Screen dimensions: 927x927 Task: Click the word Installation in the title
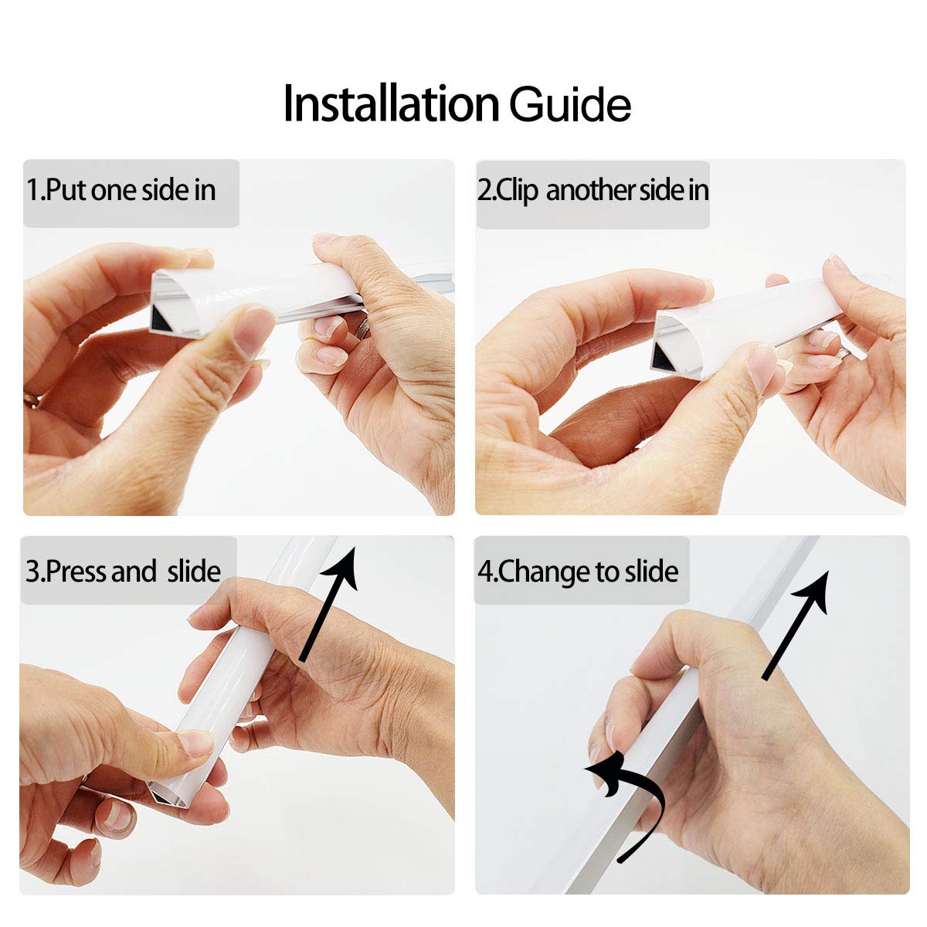(x=391, y=104)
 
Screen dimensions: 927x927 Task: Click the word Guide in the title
(x=570, y=104)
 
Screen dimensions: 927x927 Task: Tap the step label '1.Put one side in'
(x=121, y=190)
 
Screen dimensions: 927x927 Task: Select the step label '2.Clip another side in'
(x=593, y=191)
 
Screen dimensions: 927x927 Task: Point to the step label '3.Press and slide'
(x=123, y=571)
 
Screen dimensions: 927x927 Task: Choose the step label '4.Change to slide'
(x=578, y=572)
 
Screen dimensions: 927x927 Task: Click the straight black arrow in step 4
(x=795, y=624)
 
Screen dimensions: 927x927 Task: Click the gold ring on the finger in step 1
(x=31, y=399)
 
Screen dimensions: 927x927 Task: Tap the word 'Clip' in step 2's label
(x=517, y=191)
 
